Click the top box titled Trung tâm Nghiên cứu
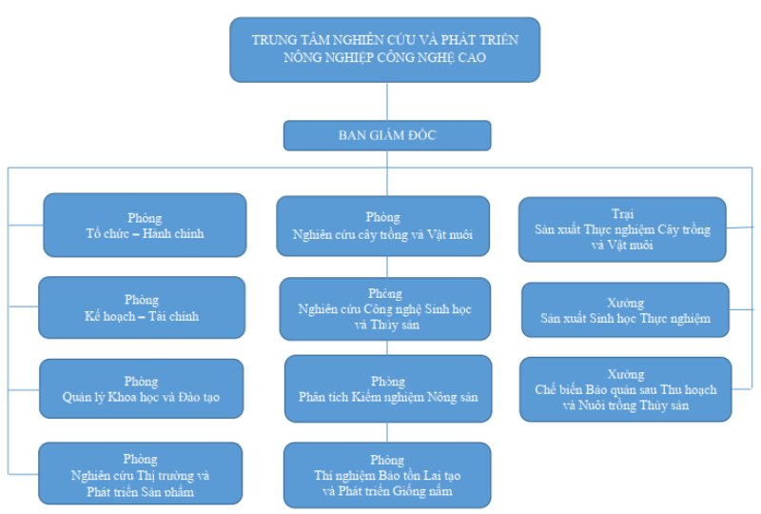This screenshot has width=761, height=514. point(384,49)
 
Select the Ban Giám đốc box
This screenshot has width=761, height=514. point(386,135)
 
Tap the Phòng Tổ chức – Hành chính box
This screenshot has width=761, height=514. point(145,226)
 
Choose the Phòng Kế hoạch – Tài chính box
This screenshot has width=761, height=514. point(142,307)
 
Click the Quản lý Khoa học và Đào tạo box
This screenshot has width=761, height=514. point(141,388)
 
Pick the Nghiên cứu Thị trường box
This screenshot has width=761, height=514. point(140,474)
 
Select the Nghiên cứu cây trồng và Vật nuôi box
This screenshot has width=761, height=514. point(383,226)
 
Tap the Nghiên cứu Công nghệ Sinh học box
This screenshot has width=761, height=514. point(384,308)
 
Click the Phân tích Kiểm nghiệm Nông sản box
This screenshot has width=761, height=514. point(388,388)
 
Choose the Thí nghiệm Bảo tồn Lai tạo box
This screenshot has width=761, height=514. point(388,474)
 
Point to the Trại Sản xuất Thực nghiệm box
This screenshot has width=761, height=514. point(622,229)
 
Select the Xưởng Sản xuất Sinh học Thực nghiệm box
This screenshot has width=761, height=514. point(625,309)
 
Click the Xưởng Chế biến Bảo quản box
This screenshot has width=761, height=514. point(625,389)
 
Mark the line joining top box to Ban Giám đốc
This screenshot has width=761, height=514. point(386,101)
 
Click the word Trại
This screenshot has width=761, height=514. point(622,214)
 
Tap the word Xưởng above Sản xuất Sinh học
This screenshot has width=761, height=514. point(625,303)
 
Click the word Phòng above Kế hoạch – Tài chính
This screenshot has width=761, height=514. point(142,300)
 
